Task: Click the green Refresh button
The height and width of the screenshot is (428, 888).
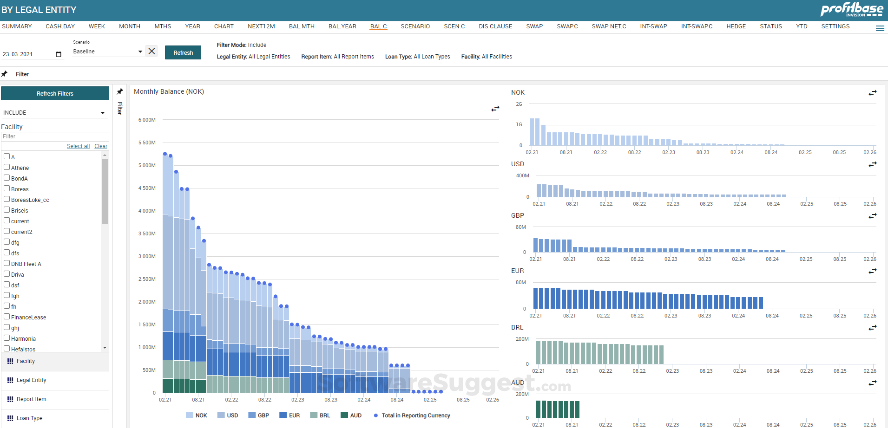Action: [183, 52]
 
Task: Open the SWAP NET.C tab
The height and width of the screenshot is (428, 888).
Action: [609, 26]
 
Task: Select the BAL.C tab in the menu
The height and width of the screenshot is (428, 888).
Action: [378, 26]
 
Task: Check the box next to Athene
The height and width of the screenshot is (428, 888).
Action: [7, 167]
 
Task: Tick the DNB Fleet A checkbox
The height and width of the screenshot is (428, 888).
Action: [7, 263]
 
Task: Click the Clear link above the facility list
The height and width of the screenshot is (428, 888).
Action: [101, 146]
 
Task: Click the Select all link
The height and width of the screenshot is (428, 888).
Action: [78, 146]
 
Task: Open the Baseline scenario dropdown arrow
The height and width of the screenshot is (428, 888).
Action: [140, 52]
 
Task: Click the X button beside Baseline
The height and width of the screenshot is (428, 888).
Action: [151, 51]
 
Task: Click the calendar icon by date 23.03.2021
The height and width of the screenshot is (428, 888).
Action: [59, 54]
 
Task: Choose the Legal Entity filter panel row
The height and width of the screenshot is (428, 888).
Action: [32, 380]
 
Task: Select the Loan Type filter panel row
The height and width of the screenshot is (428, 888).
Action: [30, 418]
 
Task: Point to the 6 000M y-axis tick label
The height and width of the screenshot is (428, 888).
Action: [147, 120]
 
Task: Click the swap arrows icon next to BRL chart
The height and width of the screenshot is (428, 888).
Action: [872, 328]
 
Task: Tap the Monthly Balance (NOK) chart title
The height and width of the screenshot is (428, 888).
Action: [169, 91]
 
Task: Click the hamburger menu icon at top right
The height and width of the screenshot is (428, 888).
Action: [880, 28]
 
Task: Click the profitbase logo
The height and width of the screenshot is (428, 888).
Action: [851, 9]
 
